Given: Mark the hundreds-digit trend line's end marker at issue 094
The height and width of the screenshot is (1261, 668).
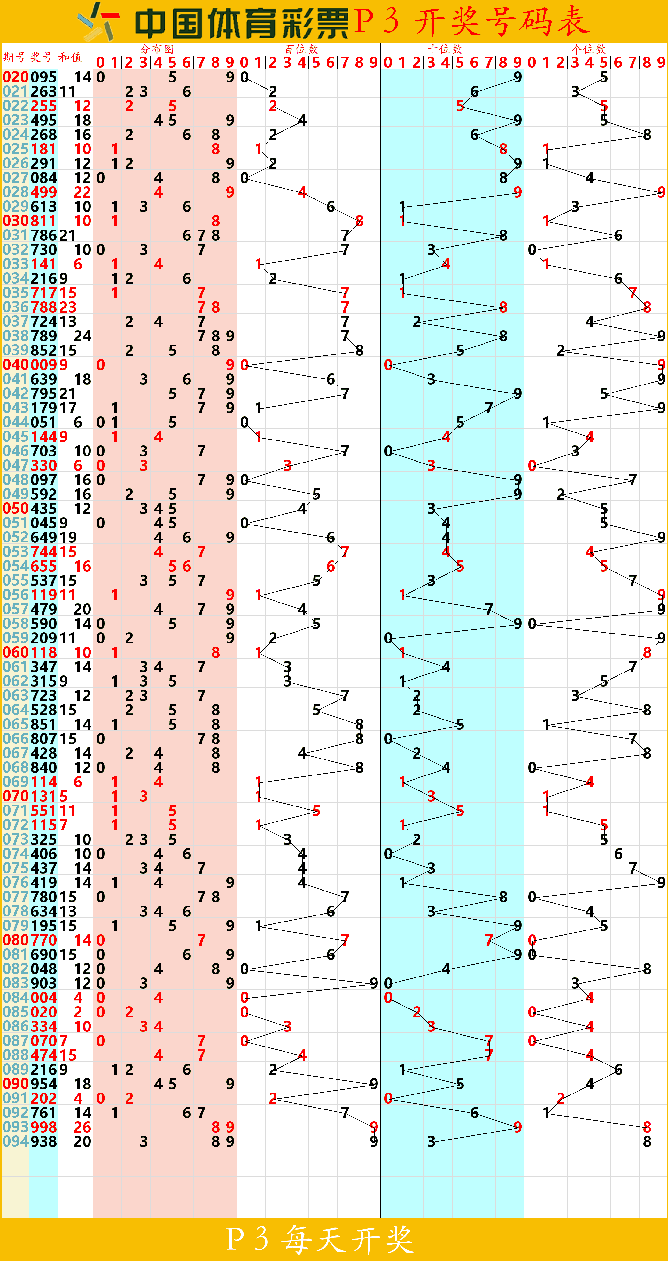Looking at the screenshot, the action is coord(374,1141).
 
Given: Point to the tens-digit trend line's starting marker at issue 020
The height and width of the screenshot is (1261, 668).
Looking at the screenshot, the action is coord(517,77).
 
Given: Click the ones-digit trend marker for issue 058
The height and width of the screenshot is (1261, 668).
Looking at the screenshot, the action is coord(532,624).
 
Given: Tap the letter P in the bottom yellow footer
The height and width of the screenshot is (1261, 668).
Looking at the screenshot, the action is coord(235,1239).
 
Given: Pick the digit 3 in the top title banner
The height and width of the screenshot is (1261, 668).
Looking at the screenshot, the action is coord(391,21).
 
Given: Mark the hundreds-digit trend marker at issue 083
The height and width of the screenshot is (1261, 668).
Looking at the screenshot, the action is coord(374,983).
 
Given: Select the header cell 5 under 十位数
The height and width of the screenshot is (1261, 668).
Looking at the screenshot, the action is coord(460,62).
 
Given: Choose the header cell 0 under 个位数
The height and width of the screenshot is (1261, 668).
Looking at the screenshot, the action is coord(532,62).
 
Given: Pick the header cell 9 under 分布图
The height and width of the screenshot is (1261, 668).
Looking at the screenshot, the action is coord(229,62).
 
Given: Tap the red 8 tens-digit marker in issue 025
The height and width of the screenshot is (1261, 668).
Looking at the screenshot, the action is coord(503,149).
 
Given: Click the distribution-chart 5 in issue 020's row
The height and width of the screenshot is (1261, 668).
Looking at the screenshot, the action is coord(172,77).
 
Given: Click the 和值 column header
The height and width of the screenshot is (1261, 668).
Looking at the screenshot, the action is coord(70,57).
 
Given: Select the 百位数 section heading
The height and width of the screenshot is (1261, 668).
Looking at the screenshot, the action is coord(301,49).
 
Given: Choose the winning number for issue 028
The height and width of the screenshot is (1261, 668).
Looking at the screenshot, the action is coord(43,192).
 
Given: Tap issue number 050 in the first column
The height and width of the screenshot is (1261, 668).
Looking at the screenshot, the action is coord(15,509).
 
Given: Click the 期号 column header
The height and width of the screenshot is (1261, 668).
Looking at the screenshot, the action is coord(15,57).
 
